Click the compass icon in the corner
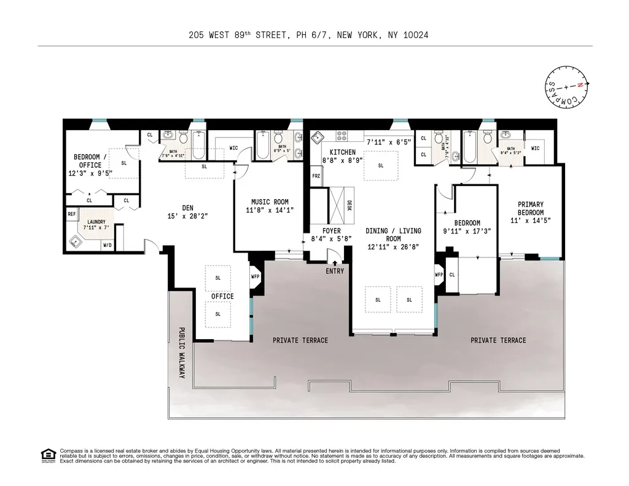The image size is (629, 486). pos(566,87)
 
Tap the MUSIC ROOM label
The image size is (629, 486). pos(270,202)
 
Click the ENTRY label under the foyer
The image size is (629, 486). pos(335,271)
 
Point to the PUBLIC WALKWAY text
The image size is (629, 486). pos(182,351)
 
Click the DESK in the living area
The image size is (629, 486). pos(348,206)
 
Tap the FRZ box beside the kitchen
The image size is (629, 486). pos(316,176)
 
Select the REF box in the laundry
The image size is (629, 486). pos(72,214)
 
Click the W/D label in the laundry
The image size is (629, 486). pos(107,245)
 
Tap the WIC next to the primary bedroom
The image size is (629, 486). pos(535,148)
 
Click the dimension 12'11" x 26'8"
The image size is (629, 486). pos(393,246)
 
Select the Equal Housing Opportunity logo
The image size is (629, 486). pos(48,455)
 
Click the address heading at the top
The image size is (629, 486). pos(308,35)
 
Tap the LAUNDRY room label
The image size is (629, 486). pos(96,222)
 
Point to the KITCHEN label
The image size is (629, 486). pos(342,152)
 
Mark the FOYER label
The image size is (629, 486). pos(331,231)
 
